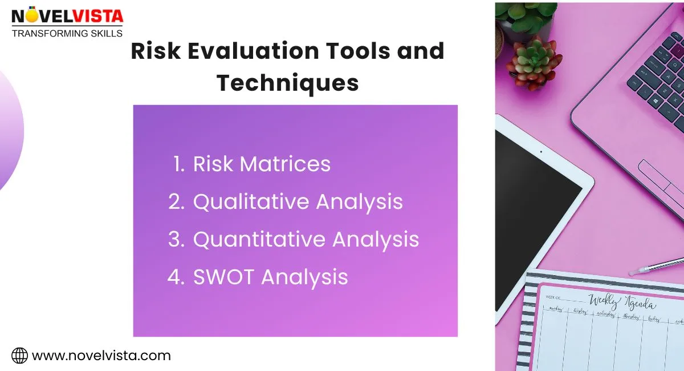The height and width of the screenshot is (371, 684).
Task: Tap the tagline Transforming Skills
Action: pos(67,33)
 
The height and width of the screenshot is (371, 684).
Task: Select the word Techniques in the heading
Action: pos(288,83)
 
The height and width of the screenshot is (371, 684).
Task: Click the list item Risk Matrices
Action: pos(262,164)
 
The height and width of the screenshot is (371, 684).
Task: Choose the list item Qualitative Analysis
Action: pos(298,202)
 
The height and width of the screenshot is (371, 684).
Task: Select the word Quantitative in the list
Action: pos(259,240)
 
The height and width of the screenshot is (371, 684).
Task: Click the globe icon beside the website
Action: pos(20,356)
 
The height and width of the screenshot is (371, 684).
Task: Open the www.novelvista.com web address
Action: pos(101,356)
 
